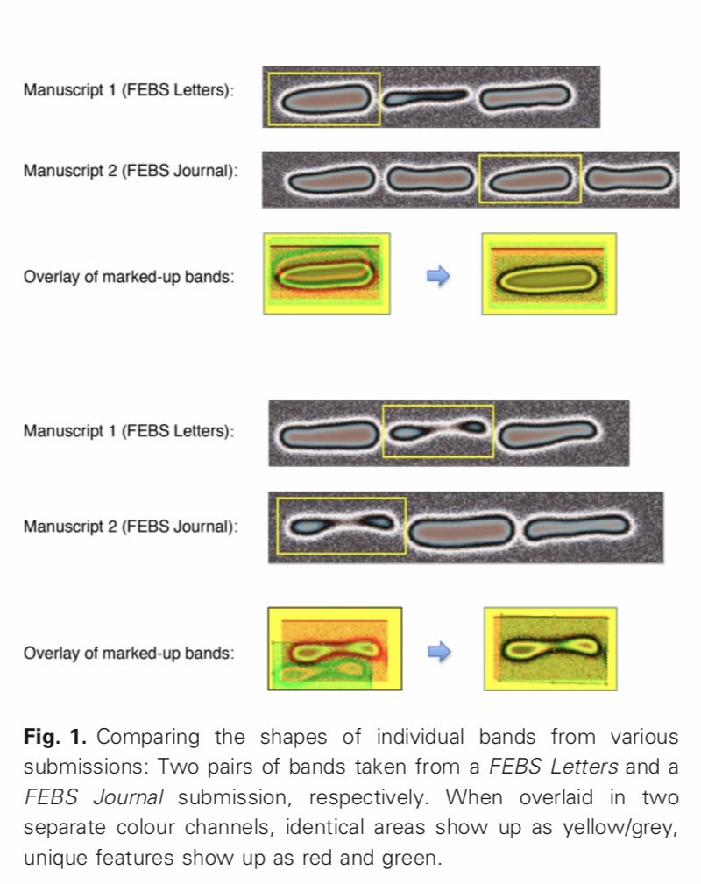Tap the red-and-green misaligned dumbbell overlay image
coord(334,650)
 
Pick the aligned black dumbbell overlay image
coord(549,648)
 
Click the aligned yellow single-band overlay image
coord(549,273)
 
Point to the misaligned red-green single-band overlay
coord(326,273)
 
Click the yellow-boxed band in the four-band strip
coord(529,180)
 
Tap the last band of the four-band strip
coord(628,180)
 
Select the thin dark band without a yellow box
coord(428,95)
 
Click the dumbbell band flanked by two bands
coord(437,430)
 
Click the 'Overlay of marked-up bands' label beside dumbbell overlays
coord(129,653)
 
